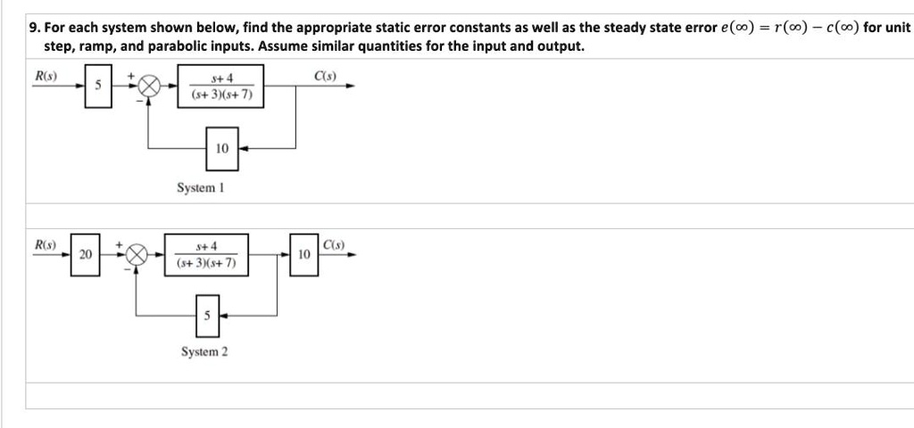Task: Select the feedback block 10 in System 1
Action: coord(222,149)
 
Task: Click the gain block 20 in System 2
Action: coord(86,254)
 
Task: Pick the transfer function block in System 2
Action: coord(206,255)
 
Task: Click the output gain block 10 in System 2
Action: coord(303,255)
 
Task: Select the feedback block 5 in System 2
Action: coord(206,315)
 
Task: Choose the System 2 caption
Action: coord(204,352)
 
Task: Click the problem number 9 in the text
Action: coord(33,28)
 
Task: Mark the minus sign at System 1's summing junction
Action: coord(138,99)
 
